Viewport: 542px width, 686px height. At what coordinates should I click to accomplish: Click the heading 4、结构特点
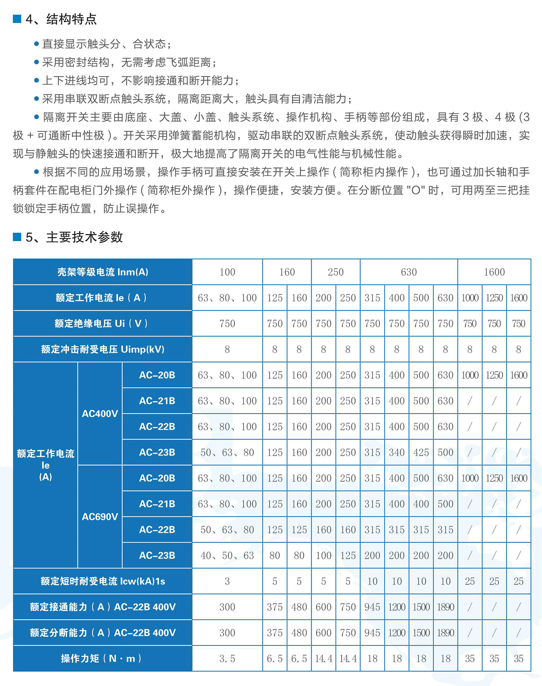tap(61, 19)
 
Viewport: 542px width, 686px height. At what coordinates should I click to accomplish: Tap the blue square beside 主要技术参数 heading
tap(17, 237)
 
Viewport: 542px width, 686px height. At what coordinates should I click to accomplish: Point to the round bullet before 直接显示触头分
tap(37, 44)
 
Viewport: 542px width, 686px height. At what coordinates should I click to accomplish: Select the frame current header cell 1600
tap(494, 272)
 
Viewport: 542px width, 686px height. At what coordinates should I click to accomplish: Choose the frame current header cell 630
tap(409, 272)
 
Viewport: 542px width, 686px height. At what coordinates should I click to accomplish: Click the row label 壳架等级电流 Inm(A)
tap(103, 272)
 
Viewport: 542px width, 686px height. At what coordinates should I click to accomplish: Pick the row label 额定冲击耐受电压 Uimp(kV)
tap(103, 349)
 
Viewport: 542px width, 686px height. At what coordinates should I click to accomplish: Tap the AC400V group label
tap(100, 414)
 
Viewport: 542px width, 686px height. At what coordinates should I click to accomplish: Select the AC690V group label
tap(100, 517)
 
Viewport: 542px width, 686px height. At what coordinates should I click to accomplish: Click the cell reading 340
tap(397, 452)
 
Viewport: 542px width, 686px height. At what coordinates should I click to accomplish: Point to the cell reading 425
tap(421, 452)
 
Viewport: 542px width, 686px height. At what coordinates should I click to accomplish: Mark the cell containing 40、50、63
tap(227, 555)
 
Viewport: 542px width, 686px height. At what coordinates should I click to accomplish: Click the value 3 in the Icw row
tap(227, 581)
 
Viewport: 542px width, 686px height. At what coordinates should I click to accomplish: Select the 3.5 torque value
tap(227, 659)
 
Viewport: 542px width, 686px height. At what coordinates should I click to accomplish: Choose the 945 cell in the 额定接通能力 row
tap(372, 607)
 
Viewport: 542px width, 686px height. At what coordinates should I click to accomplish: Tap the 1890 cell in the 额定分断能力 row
tap(445, 633)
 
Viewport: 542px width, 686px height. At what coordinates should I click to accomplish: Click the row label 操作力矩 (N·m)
tap(103, 659)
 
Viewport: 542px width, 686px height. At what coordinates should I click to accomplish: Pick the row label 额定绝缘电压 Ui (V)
tap(103, 324)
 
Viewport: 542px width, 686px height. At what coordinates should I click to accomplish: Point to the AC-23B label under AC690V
tap(157, 555)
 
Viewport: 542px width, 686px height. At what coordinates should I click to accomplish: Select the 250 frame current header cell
tap(336, 272)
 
